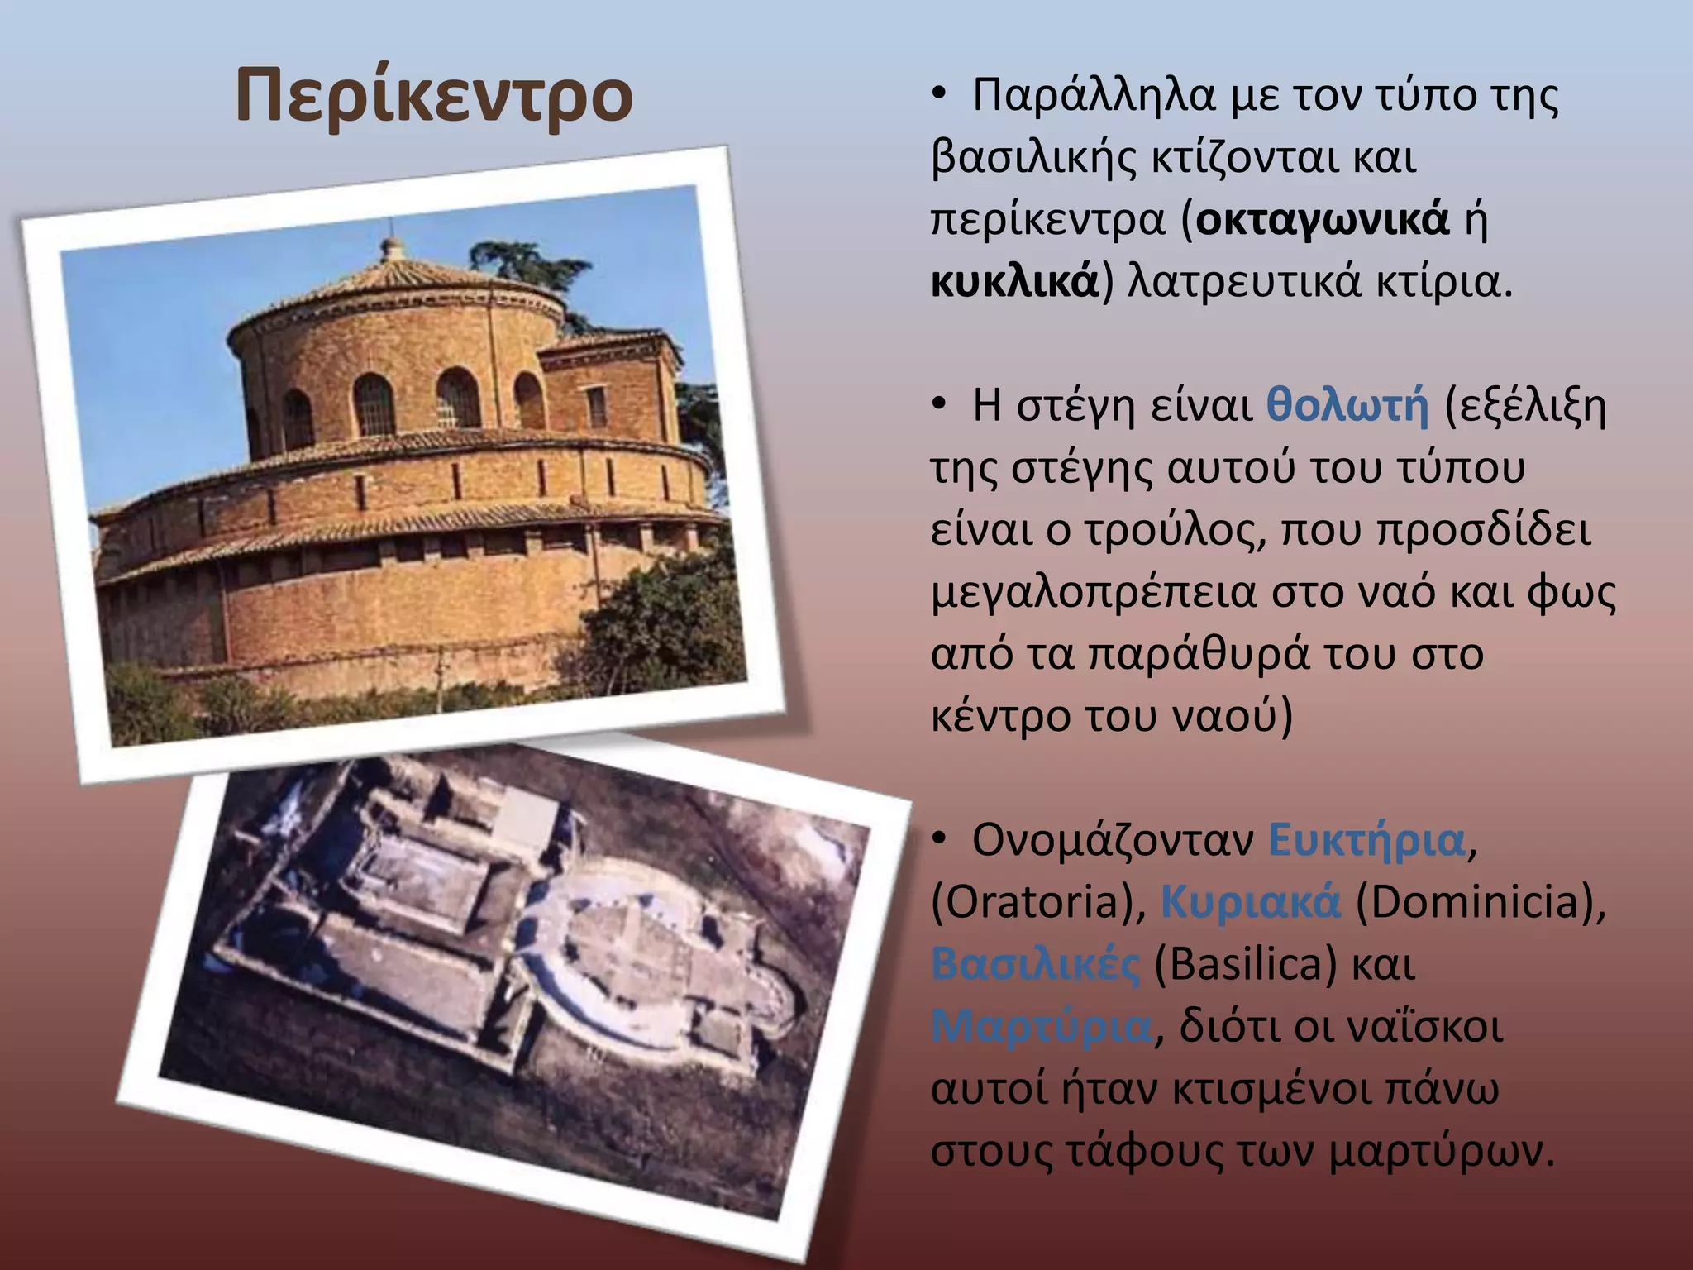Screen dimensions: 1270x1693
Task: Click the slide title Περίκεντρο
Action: coord(434,97)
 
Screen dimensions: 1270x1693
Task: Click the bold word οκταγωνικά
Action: coord(1323,220)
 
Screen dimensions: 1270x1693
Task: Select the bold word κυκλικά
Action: coord(1015,282)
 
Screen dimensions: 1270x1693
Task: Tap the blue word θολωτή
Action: coord(1348,406)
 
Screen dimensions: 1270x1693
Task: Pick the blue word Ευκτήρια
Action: coord(1366,840)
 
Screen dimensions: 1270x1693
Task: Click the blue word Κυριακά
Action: coord(1250,902)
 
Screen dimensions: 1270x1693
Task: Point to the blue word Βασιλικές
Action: coord(1035,964)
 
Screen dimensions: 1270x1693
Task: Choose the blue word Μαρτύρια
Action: coord(1042,1027)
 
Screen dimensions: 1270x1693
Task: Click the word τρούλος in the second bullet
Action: coord(1172,530)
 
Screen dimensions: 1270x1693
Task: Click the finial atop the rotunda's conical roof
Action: coord(393,246)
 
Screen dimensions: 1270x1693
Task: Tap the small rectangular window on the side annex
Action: coord(596,407)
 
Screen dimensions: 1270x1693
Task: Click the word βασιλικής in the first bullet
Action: coord(1034,158)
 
